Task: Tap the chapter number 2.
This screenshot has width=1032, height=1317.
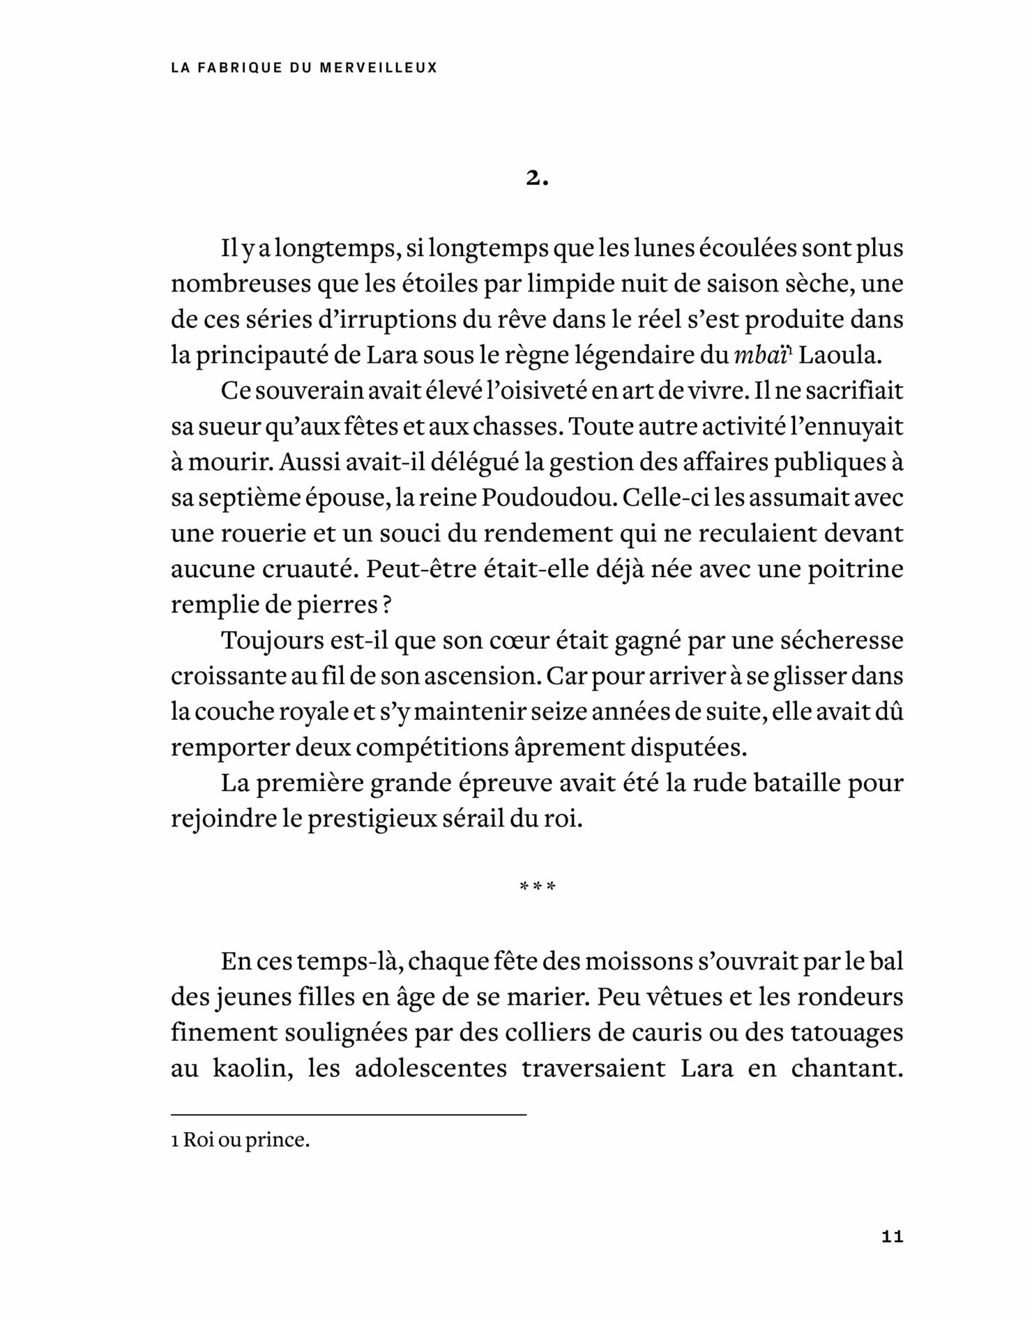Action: point(537,179)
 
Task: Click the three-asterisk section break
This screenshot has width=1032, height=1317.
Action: point(537,888)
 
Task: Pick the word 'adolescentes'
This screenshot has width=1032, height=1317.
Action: point(431,1069)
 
